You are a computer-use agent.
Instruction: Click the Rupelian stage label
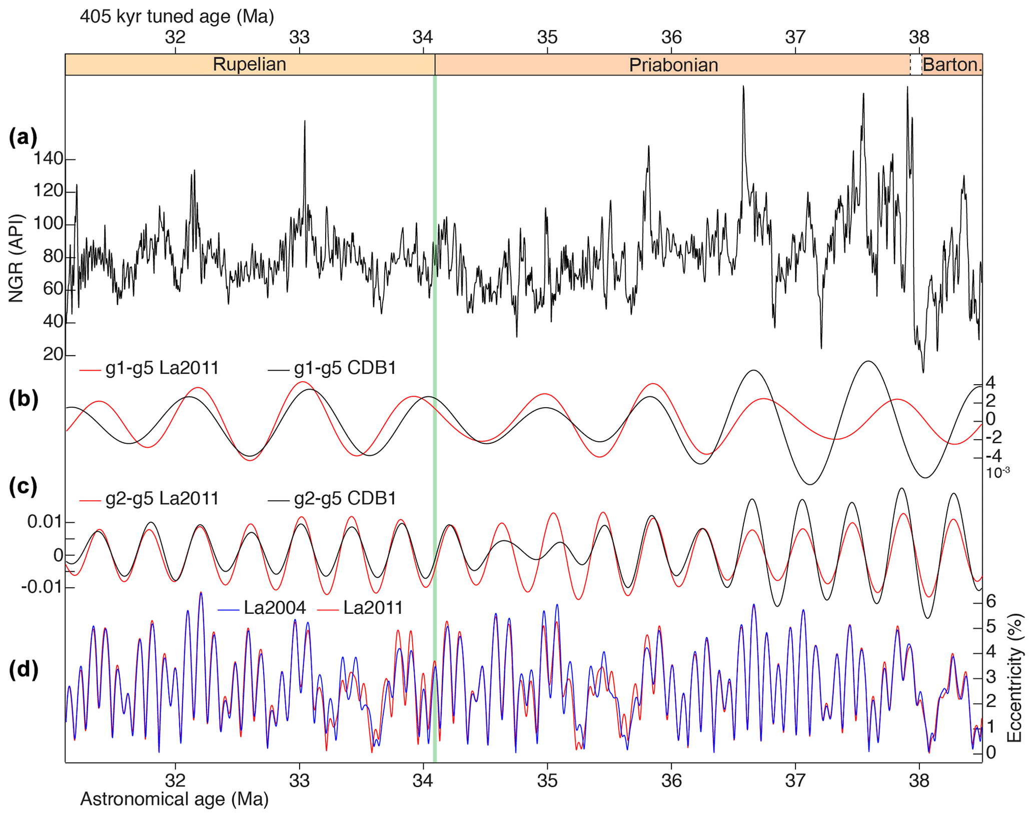click(249, 65)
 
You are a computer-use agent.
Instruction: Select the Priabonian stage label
click(673, 65)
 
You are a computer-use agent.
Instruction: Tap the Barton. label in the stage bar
click(952, 65)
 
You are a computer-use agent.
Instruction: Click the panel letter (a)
click(23, 137)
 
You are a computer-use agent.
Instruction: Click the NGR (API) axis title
click(16, 259)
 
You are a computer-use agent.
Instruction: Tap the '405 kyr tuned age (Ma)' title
click(177, 17)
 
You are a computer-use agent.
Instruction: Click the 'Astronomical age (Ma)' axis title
click(174, 799)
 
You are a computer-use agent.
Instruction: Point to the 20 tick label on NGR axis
click(53, 354)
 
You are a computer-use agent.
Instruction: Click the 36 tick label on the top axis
click(671, 37)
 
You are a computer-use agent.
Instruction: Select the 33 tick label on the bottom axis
click(300, 781)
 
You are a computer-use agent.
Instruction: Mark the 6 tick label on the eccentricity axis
click(990, 601)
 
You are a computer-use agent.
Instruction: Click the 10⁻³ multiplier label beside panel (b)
click(997, 472)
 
